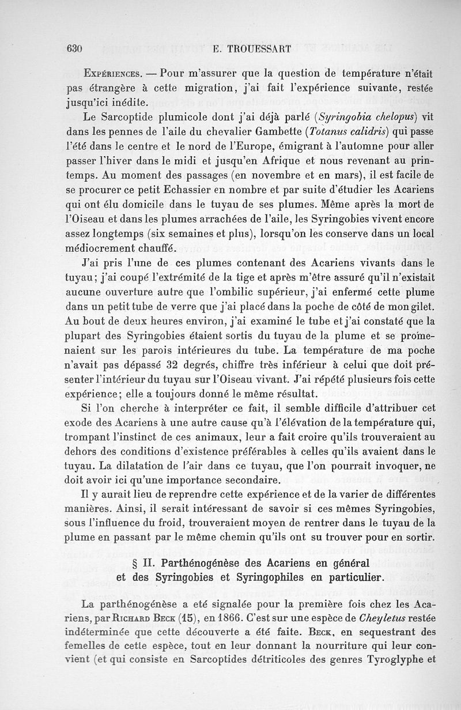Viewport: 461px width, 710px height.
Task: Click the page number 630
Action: point(75,48)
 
